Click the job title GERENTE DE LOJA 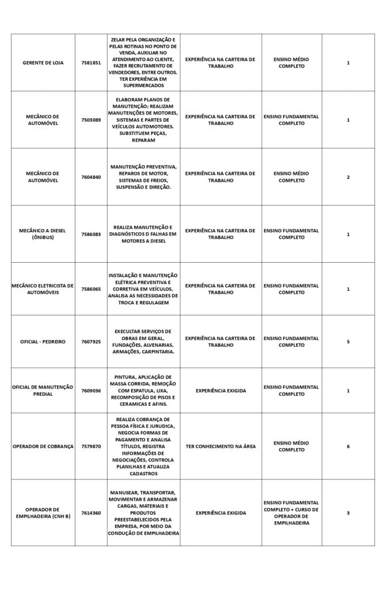43,63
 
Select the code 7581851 91,63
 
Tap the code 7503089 91,120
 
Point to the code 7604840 91,177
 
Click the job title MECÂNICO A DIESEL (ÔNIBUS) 43,234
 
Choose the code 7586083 91,235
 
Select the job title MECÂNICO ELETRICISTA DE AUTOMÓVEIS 43,289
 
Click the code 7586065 91,289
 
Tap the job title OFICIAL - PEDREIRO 43,342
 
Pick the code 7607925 91,342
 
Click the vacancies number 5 348,342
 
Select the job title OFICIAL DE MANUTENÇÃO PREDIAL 43,391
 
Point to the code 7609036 91,391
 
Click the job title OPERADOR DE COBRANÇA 43,447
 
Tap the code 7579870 91,447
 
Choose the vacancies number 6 348,447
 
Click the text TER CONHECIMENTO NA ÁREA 221,447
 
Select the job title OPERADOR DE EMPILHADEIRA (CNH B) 43,513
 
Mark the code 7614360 91,513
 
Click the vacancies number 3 348,513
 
